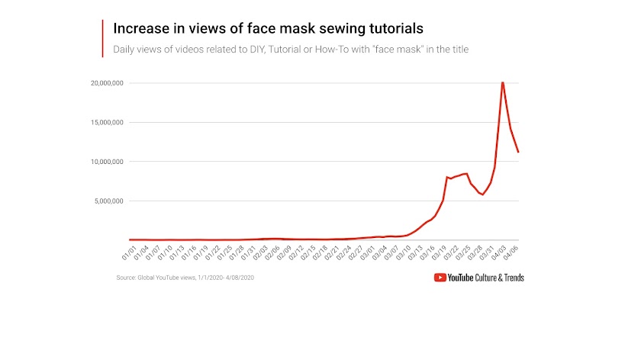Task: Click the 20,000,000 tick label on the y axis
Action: tap(105, 82)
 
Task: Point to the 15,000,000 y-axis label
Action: tap(105, 122)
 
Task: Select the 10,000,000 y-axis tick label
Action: tap(105, 162)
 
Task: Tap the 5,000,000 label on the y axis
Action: tap(106, 201)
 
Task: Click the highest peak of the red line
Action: tap(502, 82)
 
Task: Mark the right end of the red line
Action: tap(518, 152)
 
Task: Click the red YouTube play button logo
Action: tap(440, 278)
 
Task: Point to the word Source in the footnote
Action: tap(126, 278)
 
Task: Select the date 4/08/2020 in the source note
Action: tap(238, 278)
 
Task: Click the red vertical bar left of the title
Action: tap(102, 38)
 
